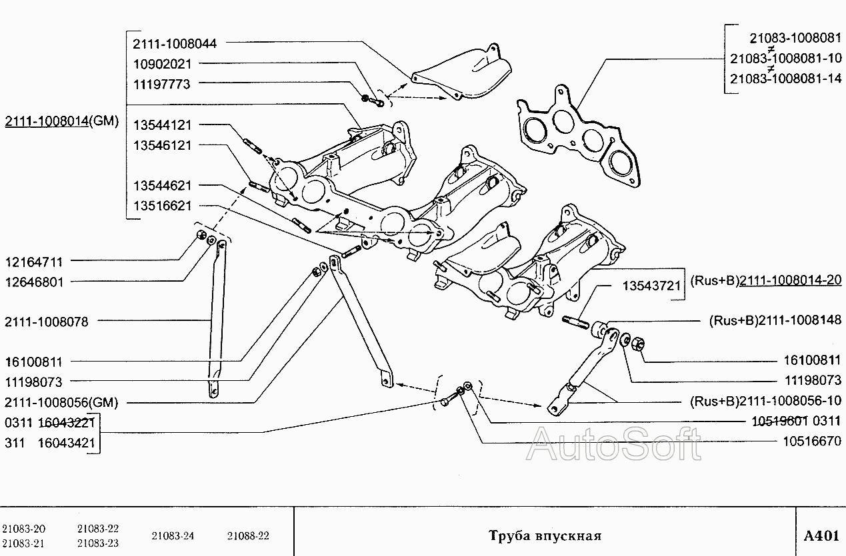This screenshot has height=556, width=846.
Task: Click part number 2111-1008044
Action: click(175, 43)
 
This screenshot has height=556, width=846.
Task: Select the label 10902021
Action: click(162, 64)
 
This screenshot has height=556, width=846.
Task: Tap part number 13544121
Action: click(162, 125)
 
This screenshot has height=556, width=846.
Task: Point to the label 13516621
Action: click(162, 206)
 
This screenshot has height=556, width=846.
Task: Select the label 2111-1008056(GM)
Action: click(61, 402)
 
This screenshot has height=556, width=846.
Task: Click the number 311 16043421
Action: click(50, 442)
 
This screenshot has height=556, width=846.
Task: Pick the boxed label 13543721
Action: click(651, 286)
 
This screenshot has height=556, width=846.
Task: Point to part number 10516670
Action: click(812, 441)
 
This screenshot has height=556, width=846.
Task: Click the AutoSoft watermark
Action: click(613, 444)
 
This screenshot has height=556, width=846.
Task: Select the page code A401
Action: click(821, 536)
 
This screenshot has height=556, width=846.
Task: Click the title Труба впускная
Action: click(545, 536)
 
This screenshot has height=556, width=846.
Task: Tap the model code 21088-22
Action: click(248, 536)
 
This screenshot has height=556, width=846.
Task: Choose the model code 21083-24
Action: click(173, 536)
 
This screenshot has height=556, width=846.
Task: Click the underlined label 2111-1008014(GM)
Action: click(61, 121)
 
